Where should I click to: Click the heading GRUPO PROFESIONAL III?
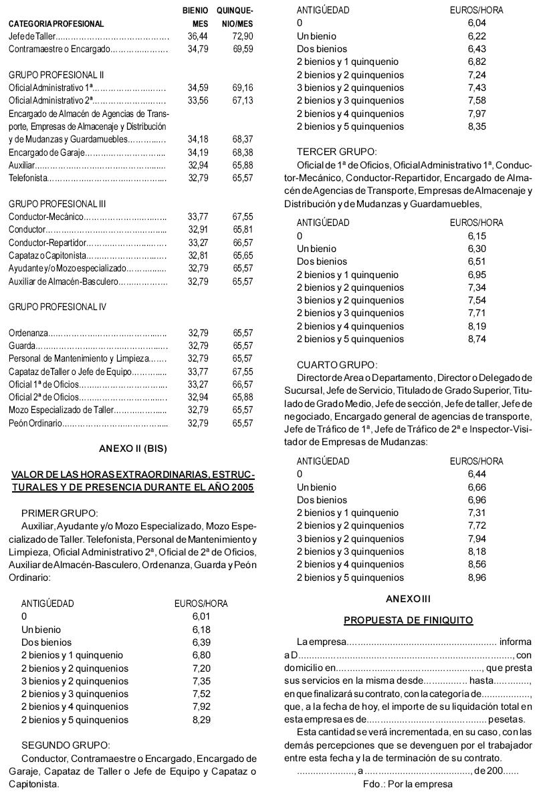tap(58, 203)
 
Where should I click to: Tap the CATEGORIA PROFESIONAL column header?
tap(56, 24)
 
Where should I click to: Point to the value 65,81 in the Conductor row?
tap(243, 229)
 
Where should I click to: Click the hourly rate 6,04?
tap(477, 23)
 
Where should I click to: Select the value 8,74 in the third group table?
tap(477, 339)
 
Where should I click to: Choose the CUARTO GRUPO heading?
tap(338, 364)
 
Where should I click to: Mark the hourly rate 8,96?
tap(477, 577)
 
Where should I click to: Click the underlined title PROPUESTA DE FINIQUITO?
tap(409, 620)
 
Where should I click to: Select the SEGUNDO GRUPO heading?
tap(66, 745)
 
